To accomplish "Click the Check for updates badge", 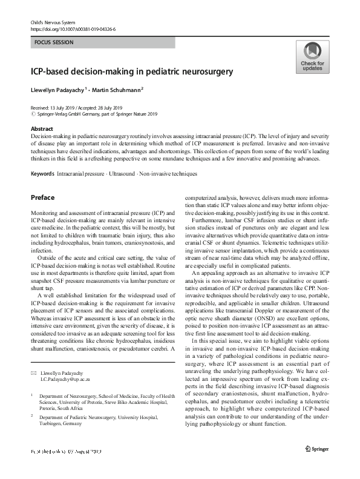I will click(x=312, y=58).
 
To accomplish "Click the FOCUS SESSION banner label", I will click(x=54, y=43).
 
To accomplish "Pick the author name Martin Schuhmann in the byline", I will click(x=117, y=90).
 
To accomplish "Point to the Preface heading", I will click(x=42, y=197).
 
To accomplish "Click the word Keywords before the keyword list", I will click(x=43, y=174).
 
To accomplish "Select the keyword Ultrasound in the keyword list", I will click(x=123, y=174).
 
